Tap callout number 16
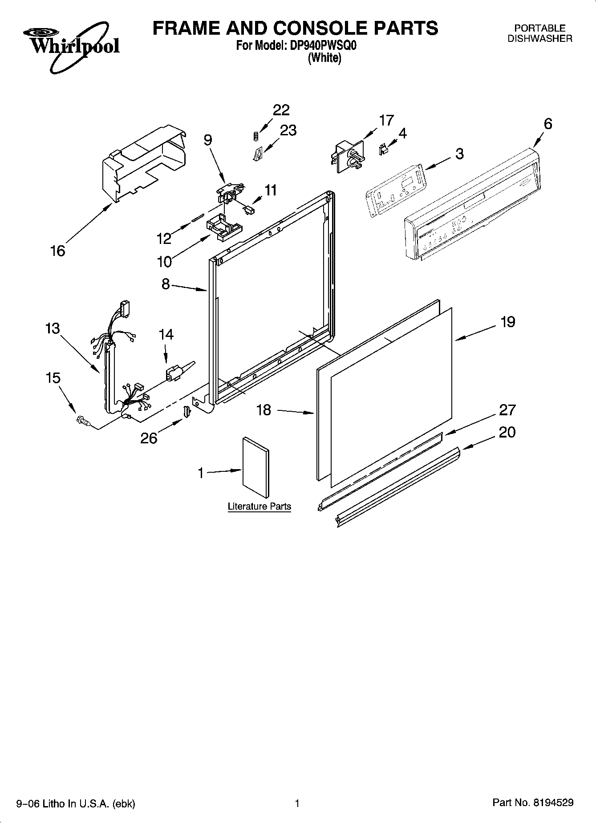pyautogui.click(x=58, y=251)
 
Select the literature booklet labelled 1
pyautogui.click(x=255, y=467)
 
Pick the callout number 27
pyautogui.click(x=507, y=409)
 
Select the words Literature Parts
pyautogui.click(x=259, y=507)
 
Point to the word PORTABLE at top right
pyautogui.click(x=540, y=28)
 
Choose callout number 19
pyautogui.click(x=507, y=322)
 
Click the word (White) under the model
pyautogui.click(x=324, y=58)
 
